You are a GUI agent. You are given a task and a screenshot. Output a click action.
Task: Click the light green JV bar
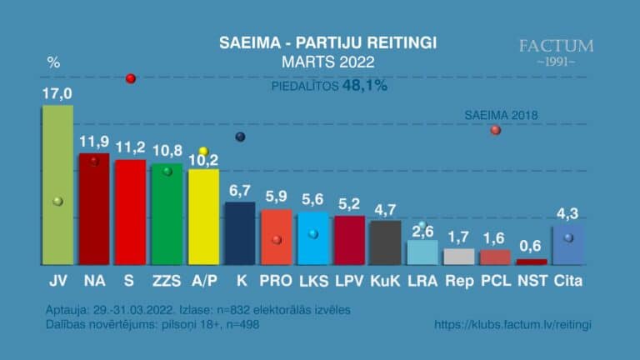(57, 184)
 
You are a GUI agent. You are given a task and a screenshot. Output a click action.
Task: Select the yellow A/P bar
(203, 217)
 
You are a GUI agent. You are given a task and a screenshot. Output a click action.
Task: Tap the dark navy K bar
(240, 233)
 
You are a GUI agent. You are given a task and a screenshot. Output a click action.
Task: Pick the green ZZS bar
(167, 214)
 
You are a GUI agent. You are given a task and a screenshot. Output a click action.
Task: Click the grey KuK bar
(385, 242)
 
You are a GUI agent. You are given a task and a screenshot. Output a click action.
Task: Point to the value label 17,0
(57, 94)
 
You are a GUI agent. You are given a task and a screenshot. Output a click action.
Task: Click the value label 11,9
(94, 142)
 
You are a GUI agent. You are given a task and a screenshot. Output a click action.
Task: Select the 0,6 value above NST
(531, 246)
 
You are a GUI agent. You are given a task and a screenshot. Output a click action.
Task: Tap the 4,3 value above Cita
(567, 213)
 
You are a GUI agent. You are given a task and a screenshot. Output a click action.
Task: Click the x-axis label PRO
(276, 282)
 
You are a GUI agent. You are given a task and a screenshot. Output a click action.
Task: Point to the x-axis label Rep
(458, 282)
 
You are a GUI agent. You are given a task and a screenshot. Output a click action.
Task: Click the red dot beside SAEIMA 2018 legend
(496, 130)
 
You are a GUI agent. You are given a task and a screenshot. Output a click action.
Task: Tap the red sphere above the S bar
(130, 78)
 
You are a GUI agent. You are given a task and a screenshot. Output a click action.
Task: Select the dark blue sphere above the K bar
(240, 137)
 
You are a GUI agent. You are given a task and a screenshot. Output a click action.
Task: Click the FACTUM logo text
(556, 46)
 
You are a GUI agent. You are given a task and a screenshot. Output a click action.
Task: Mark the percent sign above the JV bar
(54, 62)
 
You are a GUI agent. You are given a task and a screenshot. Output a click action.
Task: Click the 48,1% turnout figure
(365, 86)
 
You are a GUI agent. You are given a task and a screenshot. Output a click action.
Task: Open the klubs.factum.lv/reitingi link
(512, 324)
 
